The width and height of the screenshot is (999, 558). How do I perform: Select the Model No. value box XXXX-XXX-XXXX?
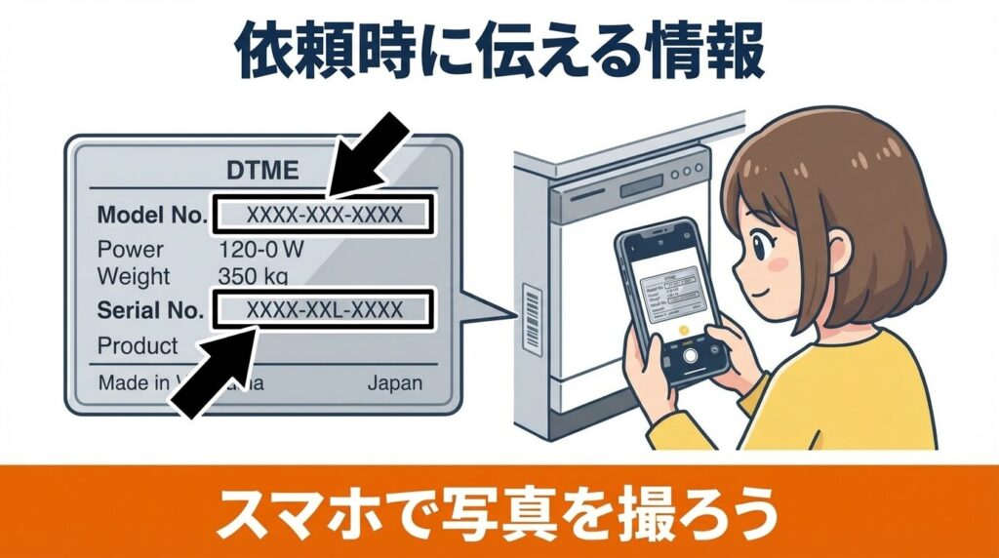coord(323,215)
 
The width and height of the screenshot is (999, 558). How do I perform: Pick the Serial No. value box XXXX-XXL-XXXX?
coord(323,310)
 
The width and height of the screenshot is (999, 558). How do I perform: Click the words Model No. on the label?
coord(151,215)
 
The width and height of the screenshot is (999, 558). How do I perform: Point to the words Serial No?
coord(151,310)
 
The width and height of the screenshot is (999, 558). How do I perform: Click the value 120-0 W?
coord(260,249)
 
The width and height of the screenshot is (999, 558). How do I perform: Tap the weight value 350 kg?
coord(253,276)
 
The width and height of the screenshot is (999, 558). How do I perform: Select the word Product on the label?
coord(138,345)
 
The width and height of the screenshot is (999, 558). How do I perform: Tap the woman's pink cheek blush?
coord(778,263)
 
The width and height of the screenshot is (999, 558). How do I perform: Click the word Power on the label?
coord(130,249)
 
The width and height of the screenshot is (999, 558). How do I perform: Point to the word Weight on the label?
coord(134,276)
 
